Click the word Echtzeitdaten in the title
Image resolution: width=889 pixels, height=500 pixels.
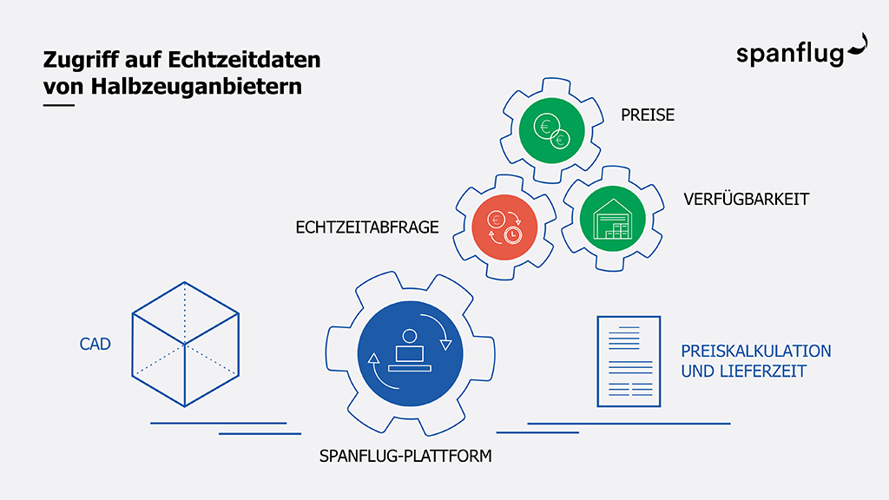[x=244, y=60]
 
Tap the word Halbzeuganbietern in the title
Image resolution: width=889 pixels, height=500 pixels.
[x=196, y=87]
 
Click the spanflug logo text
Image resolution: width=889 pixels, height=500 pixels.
[x=790, y=55]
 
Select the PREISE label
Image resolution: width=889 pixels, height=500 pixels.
[x=648, y=115]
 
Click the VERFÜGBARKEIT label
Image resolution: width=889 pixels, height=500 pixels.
[x=746, y=199]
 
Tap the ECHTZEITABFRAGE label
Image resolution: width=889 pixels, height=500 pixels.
[x=367, y=227]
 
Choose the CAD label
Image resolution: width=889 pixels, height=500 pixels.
[x=95, y=344]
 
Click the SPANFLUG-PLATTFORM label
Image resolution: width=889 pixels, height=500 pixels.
[x=405, y=456]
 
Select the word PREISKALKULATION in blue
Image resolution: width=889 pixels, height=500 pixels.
[x=756, y=351]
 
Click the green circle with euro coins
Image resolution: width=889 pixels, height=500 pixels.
[x=551, y=130]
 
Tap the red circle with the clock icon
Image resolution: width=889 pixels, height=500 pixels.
[x=504, y=227]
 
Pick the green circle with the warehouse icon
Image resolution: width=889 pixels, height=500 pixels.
[x=612, y=218]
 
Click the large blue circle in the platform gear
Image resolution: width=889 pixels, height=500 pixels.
[x=410, y=354]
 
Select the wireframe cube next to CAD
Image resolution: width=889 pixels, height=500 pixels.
[x=186, y=344]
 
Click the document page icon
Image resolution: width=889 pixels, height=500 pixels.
[x=629, y=362]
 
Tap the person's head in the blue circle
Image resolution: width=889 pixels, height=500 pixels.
[x=410, y=336]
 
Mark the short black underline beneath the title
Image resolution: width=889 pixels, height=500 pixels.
[x=59, y=105]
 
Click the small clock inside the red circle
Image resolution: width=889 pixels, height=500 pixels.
[x=513, y=234]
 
